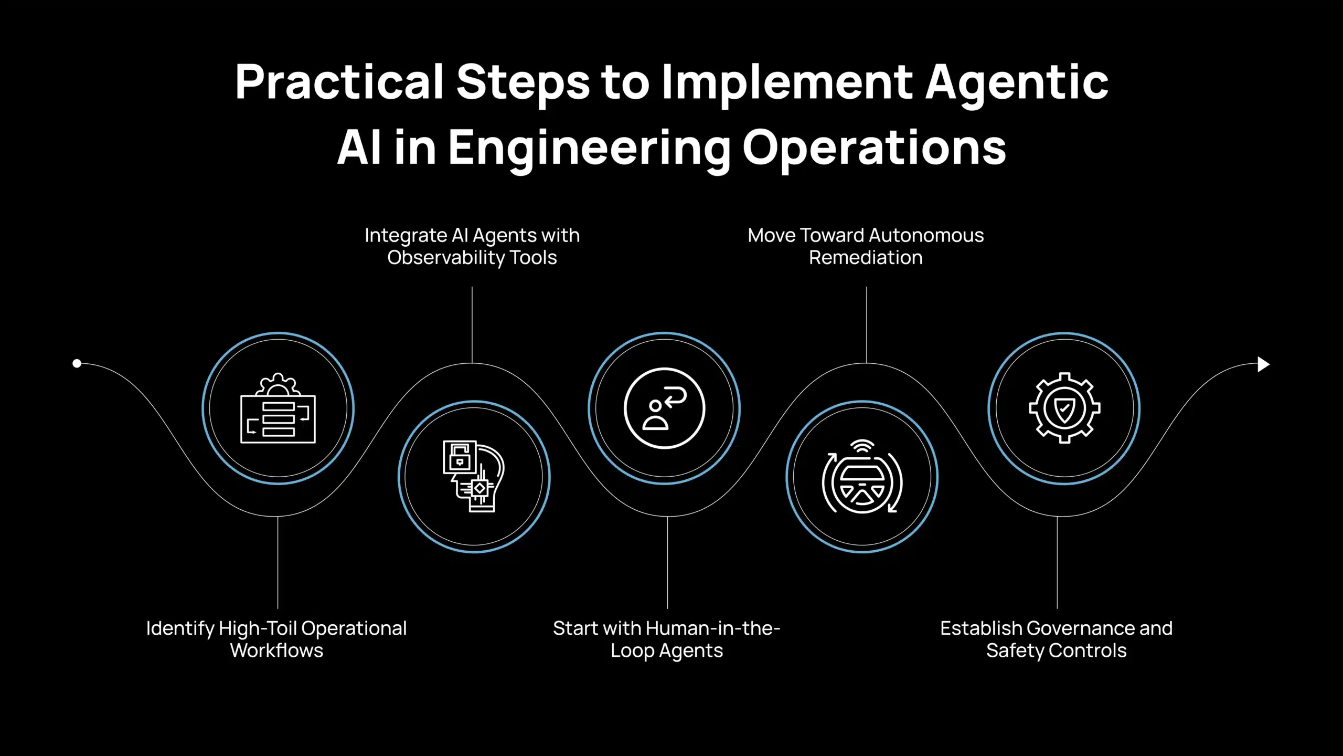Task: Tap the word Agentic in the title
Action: (1016, 82)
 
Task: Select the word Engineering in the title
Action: (589, 148)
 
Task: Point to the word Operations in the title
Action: (874, 148)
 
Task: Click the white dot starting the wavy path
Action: (77, 363)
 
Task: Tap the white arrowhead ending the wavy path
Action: (1263, 364)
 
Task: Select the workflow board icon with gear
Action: (278, 408)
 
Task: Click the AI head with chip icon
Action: (474, 477)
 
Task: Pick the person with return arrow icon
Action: (664, 408)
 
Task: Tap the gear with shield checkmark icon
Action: (1064, 408)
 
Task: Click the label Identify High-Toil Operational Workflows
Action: (276, 639)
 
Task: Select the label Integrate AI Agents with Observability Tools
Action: (472, 246)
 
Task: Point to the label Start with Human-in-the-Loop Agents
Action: (667, 639)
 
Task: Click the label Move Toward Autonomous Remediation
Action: (866, 246)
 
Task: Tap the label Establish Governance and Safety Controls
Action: (1056, 639)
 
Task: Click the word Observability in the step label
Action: (445, 258)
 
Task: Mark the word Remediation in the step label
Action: (866, 258)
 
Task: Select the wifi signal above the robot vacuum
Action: (862, 447)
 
